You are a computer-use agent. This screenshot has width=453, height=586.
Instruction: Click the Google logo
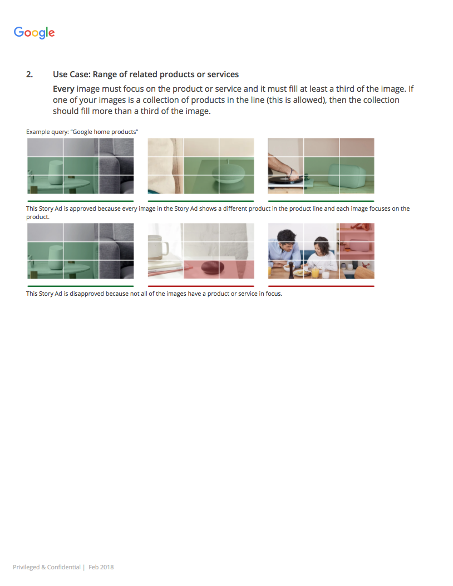34,32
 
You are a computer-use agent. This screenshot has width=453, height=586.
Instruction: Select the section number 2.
29,75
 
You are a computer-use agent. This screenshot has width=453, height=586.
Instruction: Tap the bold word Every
63,89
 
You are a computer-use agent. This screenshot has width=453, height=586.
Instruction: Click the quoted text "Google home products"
105,132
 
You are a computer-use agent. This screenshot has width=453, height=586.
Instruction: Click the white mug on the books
159,247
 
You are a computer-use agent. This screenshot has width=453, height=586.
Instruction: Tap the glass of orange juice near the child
315,272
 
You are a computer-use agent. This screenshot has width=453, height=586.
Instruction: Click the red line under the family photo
321,286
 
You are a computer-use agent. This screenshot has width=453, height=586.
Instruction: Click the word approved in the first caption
81,208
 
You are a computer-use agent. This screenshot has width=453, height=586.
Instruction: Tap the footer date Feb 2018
101,567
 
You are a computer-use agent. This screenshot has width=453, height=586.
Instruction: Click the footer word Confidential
63,567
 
